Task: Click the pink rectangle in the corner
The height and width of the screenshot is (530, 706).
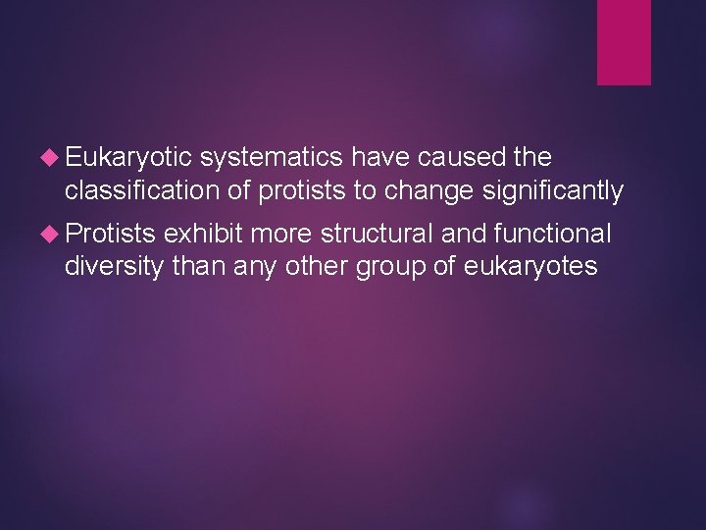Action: click(624, 41)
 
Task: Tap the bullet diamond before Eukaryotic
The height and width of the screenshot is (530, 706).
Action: click(55, 158)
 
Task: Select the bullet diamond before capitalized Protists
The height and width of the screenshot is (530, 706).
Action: click(55, 234)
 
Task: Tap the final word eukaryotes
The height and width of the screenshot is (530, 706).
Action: click(529, 267)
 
